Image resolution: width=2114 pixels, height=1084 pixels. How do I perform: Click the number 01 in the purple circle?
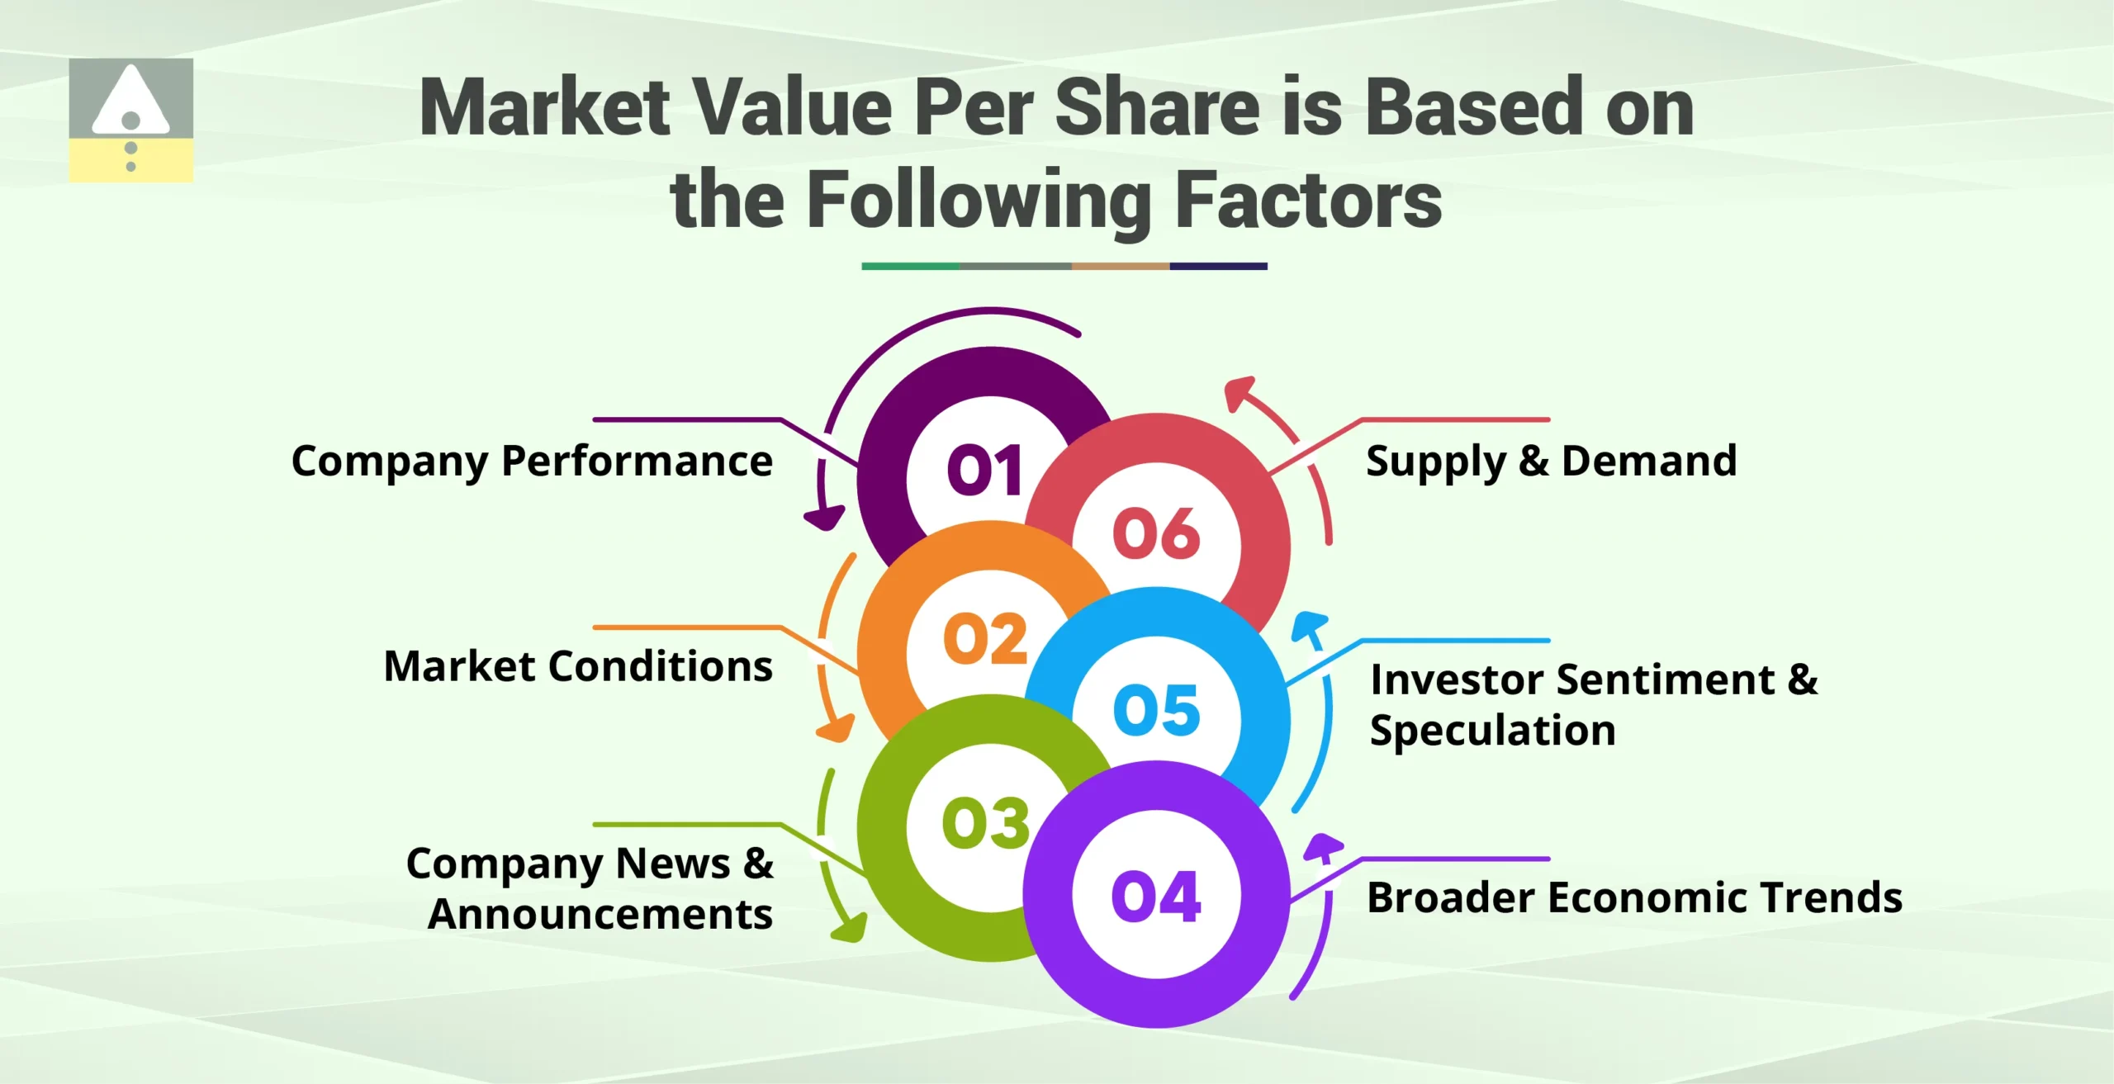pos(984,470)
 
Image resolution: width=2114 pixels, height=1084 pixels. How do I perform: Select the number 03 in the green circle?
pos(984,823)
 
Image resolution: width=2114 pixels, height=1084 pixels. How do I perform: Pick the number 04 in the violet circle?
pos(1155,897)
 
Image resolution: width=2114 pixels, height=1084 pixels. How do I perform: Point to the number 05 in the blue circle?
pos(1155,709)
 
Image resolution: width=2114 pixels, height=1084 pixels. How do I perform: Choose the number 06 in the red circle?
pos(1155,533)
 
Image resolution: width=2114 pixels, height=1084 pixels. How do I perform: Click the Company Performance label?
pos(532,461)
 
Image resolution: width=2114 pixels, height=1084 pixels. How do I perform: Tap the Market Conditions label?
pos(578,665)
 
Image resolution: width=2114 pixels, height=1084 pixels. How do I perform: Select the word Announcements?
pos(600,914)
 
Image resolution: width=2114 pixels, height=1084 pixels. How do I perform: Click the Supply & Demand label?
pos(1551,461)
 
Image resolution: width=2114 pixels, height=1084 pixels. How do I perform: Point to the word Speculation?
pos(1492,731)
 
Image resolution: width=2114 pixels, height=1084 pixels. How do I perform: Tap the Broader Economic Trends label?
pos(1634,897)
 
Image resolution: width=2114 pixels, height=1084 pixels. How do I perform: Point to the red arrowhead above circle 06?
pos(1238,391)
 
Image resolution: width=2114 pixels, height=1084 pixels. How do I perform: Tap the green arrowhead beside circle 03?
pos(851,928)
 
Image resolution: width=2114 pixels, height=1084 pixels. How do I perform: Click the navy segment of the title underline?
pos(1218,266)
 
